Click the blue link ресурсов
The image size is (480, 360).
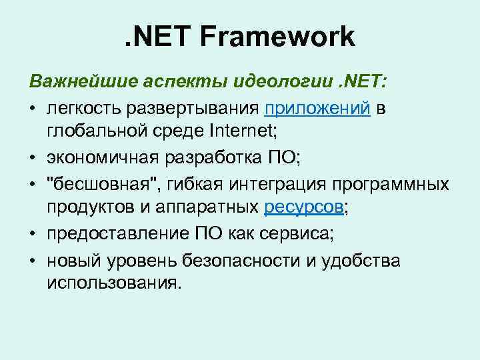tap(304, 207)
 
